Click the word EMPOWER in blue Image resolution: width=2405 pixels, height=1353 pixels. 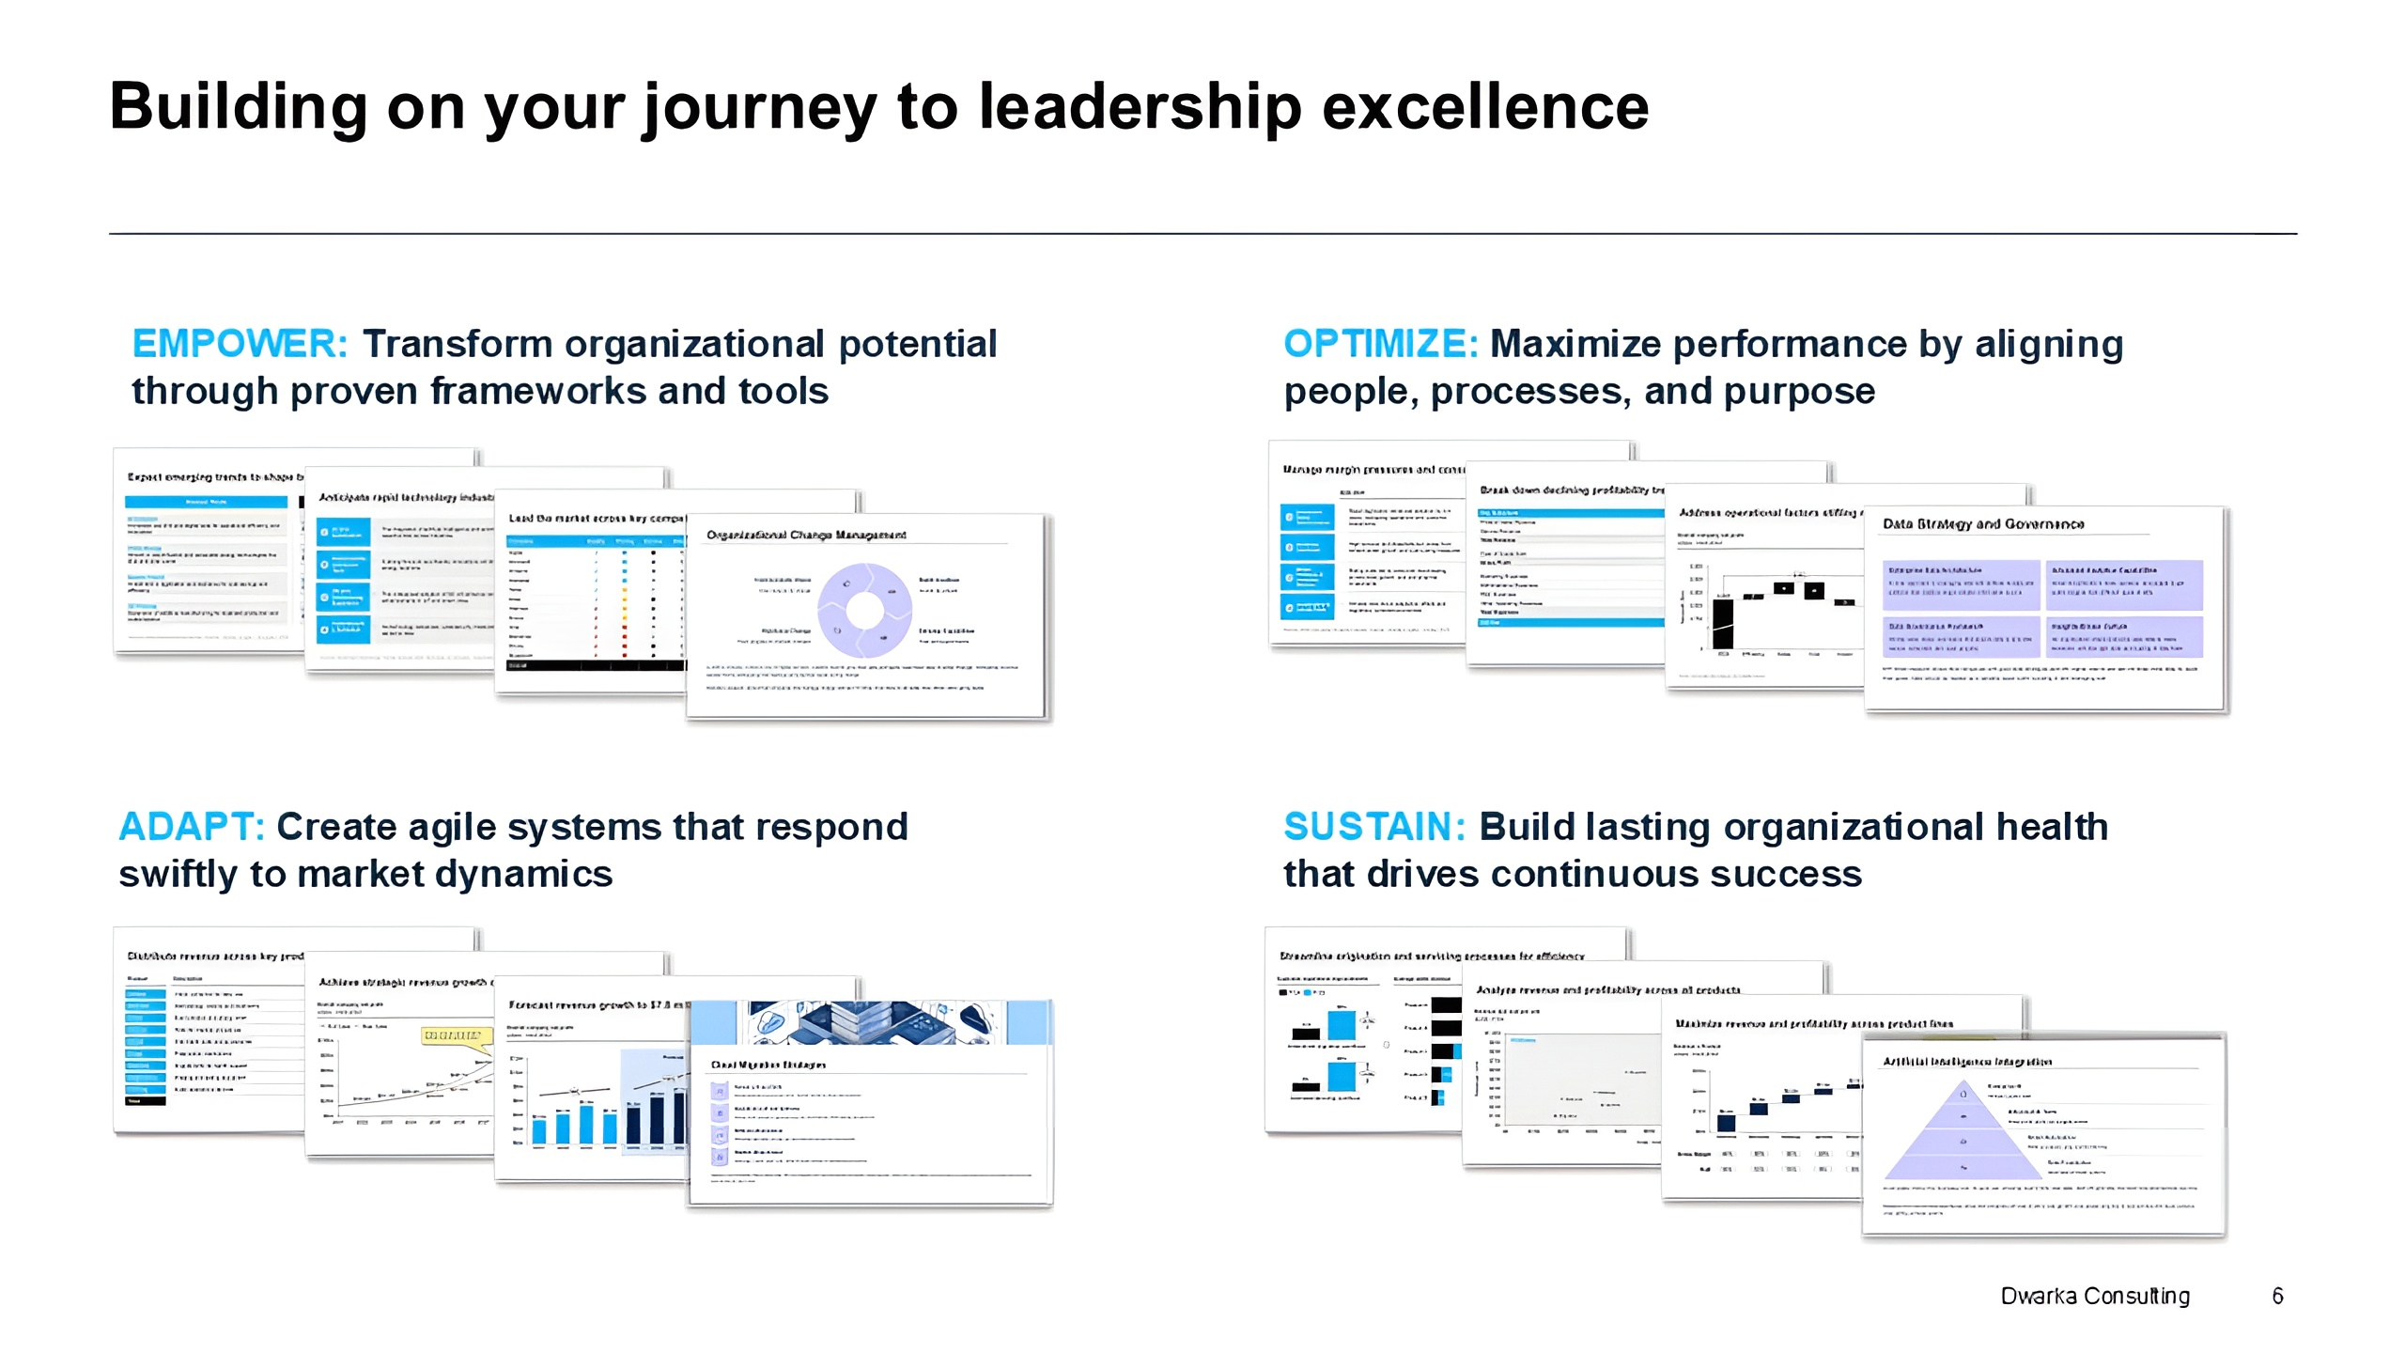click(x=240, y=344)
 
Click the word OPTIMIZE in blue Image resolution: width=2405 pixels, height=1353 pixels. click(x=1380, y=344)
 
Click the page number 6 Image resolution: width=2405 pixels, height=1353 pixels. click(x=2277, y=1296)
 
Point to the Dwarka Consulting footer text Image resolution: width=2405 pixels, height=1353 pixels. click(x=2094, y=1296)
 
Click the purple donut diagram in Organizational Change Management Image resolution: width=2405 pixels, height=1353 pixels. click(x=864, y=611)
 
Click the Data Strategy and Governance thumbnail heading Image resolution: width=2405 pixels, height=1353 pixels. click(x=1982, y=524)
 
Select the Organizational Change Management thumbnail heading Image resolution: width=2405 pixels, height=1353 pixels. click(x=806, y=535)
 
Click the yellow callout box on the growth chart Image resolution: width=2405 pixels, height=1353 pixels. click(x=457, y=1035)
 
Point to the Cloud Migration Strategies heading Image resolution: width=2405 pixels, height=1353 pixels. click(x=768, y=1065)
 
